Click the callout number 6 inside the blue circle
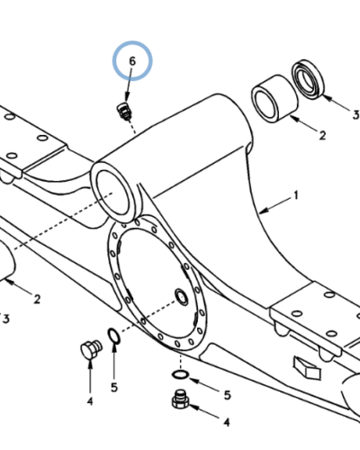pos(132,61)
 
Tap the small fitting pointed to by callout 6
pos(123,112)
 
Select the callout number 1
pos(296,195)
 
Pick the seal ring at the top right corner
pos(309,79)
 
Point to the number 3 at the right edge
pos(355,114)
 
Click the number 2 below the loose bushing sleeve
pos(322,136)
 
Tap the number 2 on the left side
pos(37,299)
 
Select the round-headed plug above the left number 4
pos(91,350)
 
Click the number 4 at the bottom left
pos(90,401)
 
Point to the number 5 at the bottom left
pos(114,387)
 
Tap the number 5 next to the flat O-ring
pos(228,395)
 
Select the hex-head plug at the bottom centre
pos(181,400)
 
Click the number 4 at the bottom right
pos(227,422)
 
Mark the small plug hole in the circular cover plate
pos(182,297)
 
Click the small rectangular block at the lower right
pos(307,367)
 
